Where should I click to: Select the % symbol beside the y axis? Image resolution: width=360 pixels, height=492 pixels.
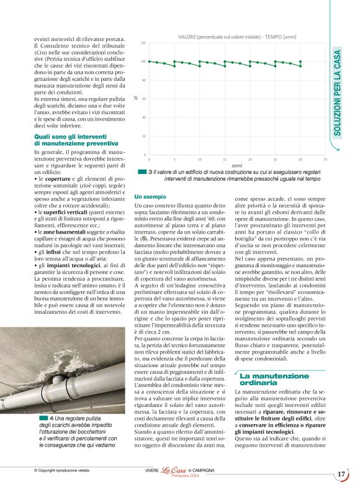point(135,98)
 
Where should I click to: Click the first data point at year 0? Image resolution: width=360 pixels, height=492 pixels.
point(149,61)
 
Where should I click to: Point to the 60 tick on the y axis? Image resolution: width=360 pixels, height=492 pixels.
point(143,99)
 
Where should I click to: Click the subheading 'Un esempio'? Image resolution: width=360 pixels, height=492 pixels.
point(150,196)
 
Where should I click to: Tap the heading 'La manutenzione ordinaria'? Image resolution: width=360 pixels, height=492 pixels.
point(268,380)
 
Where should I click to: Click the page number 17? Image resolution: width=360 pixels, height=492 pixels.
point(341,474)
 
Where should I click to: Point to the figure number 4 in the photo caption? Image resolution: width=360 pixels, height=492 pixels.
point(52,419)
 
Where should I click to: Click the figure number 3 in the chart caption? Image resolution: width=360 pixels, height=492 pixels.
point(151,172)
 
